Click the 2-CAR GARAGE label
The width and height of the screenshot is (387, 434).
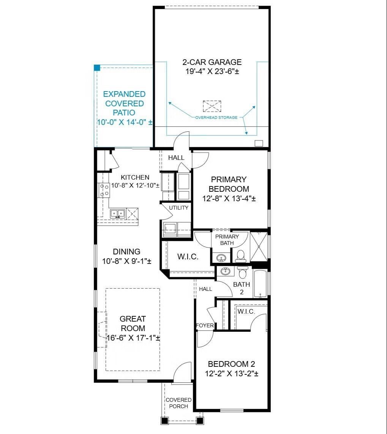tap(212, 62)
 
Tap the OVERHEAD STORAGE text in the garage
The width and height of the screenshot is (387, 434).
tap(216, 117)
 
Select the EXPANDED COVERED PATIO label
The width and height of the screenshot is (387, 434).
tap(124, 103)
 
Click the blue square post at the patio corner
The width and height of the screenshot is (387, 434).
tap(97, 68)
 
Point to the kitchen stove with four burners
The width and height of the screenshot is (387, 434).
tap(104, 190)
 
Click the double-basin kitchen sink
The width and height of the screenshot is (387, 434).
tap(118, 214)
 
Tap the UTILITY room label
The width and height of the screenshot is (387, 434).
tap(178, 208)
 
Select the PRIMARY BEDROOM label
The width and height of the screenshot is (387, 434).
tap(229, 184)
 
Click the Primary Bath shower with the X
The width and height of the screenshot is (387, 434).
tap(259, 246)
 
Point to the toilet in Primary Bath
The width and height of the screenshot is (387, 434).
tap(240, 256)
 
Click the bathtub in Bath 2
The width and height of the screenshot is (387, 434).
tap(260, 284)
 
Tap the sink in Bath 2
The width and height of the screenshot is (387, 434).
tap(226, 271)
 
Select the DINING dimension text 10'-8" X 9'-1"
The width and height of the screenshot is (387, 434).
tap(126, 261)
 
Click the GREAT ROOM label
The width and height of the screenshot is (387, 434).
tap(133, 323)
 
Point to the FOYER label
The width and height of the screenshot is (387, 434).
tap(205, 325)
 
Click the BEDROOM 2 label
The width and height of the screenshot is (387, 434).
tap(231, 364)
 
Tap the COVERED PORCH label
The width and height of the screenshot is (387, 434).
tap(178, 403)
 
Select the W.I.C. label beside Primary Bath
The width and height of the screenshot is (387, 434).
tap(188, 257)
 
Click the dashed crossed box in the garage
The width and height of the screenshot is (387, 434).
tap(212, 106)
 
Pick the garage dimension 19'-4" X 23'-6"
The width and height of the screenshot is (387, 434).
tap(212, 71)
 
